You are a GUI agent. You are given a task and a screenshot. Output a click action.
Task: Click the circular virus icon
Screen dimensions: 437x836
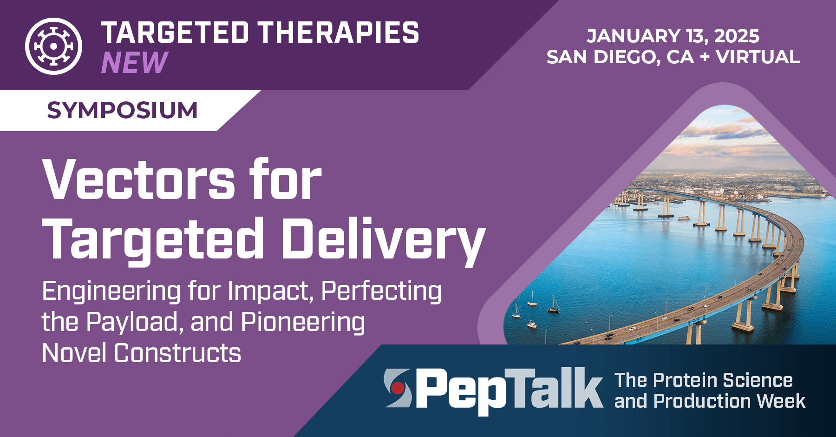53,46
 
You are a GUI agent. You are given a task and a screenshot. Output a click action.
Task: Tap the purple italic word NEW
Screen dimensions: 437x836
134,62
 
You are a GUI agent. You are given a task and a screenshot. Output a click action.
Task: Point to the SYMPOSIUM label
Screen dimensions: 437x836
122,110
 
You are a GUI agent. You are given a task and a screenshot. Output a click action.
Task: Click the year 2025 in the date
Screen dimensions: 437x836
737,36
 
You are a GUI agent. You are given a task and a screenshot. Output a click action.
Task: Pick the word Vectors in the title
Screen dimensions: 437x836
139,180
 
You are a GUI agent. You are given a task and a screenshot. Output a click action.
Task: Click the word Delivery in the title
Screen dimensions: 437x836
383,240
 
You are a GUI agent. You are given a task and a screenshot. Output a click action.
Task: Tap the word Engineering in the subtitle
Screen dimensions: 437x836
111,292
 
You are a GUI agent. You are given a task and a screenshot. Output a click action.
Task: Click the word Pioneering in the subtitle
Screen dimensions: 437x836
303,323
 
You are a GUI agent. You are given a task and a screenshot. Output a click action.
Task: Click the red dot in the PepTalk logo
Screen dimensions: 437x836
398,388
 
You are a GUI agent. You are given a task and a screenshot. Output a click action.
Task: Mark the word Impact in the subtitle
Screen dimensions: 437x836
268,292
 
